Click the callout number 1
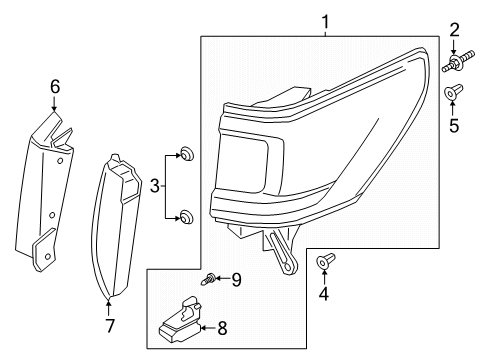coord(323,20)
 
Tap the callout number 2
coord(453,29)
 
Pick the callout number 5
coord(453,127)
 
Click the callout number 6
coord(55,88)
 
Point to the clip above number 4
coord(324,262)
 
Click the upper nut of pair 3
coord(184,154)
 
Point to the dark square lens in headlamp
coord(244,165)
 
